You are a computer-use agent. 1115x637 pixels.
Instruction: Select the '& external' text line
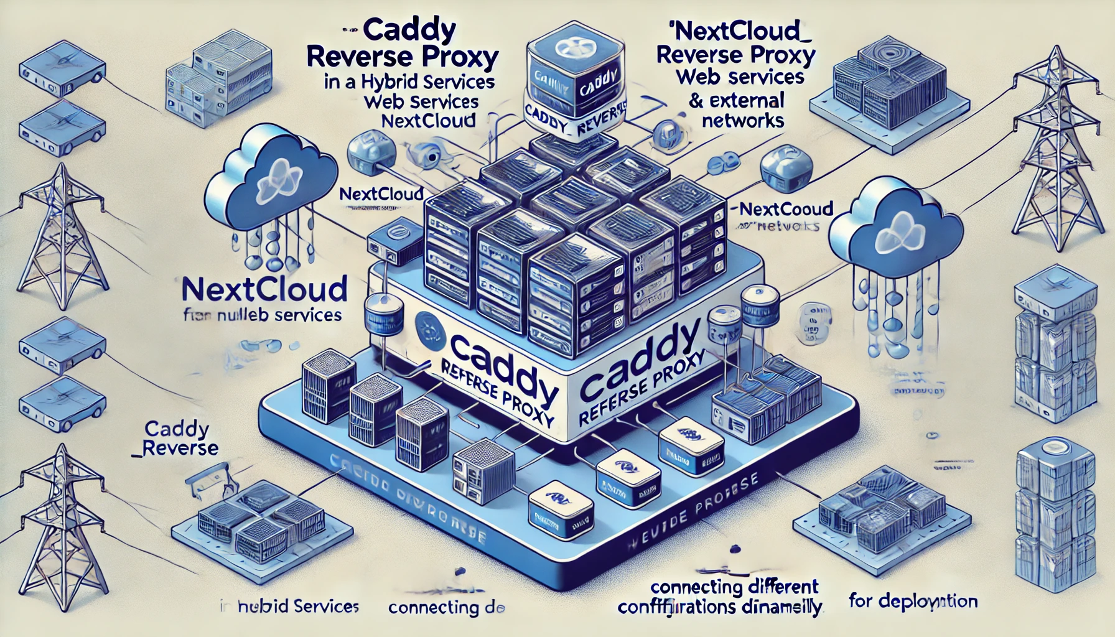tap(737, 100)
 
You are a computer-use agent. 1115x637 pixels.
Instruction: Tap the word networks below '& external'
tap(743, 120)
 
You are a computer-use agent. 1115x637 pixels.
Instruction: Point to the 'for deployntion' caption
tap(913, 602)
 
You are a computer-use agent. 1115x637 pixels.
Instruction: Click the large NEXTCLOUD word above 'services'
tap(264, 290)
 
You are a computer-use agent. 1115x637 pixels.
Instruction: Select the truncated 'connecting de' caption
tap(446, 608)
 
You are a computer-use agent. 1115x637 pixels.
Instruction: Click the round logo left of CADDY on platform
tap(429, 326)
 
